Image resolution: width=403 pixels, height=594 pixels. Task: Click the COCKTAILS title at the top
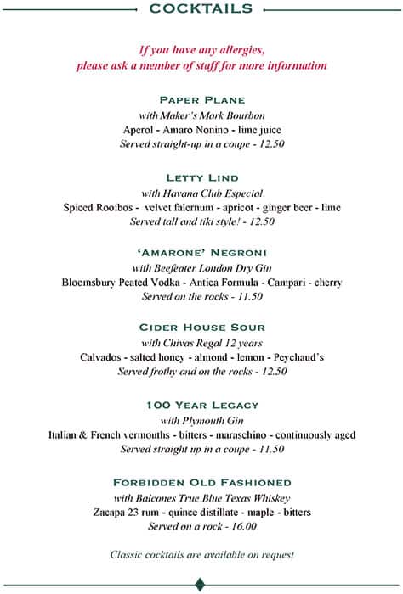[201, 8]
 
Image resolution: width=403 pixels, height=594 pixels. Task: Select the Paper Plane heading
[201, 99]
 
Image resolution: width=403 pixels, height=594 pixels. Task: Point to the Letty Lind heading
[201, 177]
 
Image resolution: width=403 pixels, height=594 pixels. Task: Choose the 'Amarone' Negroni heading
[201, 253]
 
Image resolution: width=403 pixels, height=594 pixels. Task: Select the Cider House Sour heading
[201, 328]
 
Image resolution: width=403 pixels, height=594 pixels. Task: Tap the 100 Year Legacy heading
[201, 405]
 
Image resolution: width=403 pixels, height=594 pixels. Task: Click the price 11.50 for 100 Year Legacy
[270, 449]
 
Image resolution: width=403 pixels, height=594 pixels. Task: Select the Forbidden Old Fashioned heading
[201, 482]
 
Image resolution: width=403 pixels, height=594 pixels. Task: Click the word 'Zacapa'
[111, 513]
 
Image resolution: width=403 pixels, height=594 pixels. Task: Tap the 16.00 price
[241, 526]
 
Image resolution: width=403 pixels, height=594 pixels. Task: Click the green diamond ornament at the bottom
[201, 583]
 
